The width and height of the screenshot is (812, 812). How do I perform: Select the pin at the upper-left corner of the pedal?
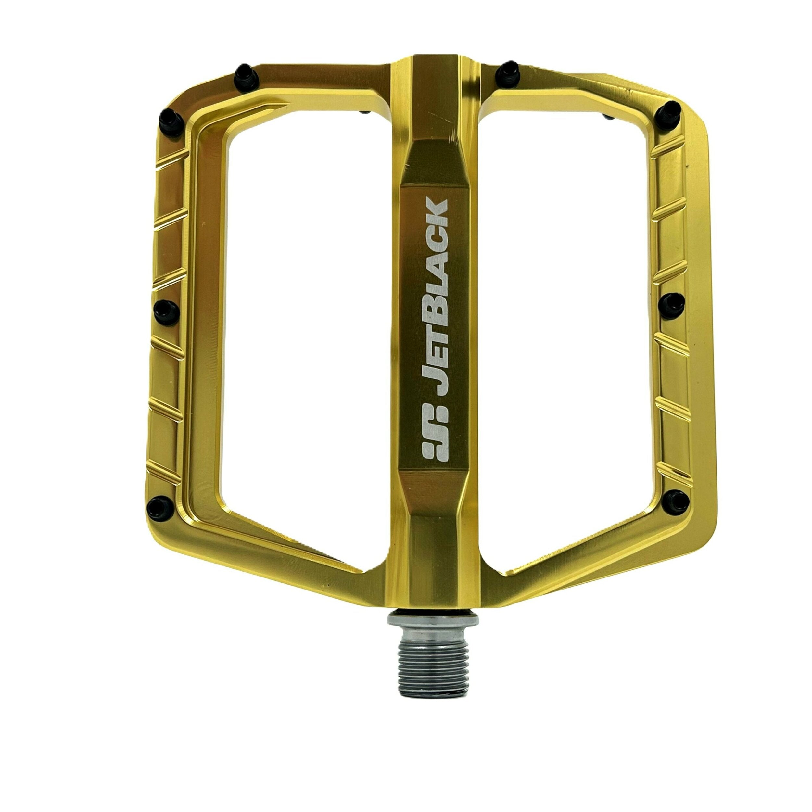click(171, 122)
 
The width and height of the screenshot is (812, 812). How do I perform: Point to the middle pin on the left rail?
click(166, 312)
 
